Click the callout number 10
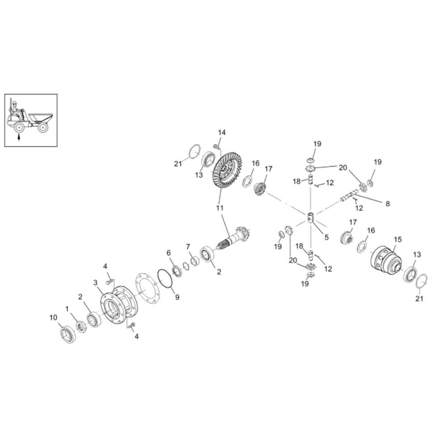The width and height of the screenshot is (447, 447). point(54,317)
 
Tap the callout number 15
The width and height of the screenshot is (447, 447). point(398,240)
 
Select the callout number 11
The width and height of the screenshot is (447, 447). point(220,208)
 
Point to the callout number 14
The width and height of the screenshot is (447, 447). point(222,133)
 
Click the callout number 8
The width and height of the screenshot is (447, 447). point(388,204)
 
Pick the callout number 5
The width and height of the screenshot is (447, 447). point(326,237)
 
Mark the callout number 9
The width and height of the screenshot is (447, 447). point(177,297)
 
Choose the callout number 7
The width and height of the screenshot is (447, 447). point(188,247)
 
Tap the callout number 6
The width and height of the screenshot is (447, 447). point(169,253)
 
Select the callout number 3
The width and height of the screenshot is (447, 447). point(95,283)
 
